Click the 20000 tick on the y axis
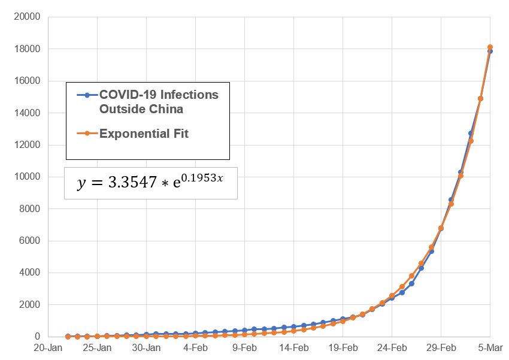coord(28,17)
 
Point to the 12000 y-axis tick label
coord(28,145)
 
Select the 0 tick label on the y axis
coord(37,337)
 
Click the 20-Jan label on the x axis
coord(48,347)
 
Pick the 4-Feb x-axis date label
coord(195,347)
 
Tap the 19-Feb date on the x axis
coord(343,347)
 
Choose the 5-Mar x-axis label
coord(490,347)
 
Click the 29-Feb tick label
coord(441,347)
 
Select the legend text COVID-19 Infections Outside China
coord(159,102)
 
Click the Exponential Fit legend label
coord(144,134)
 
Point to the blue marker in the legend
coord(87,95)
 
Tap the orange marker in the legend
coord(87,134)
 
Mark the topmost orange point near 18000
coord(490,47)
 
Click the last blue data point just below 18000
coord(490,52)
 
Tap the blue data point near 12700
coord(471,133)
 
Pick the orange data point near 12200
coord(471,141)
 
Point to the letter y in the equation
coord(81,184)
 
